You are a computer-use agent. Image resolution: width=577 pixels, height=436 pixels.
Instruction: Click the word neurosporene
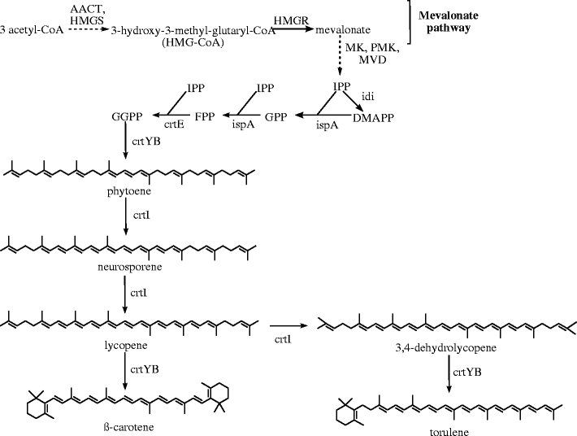(128, 266)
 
